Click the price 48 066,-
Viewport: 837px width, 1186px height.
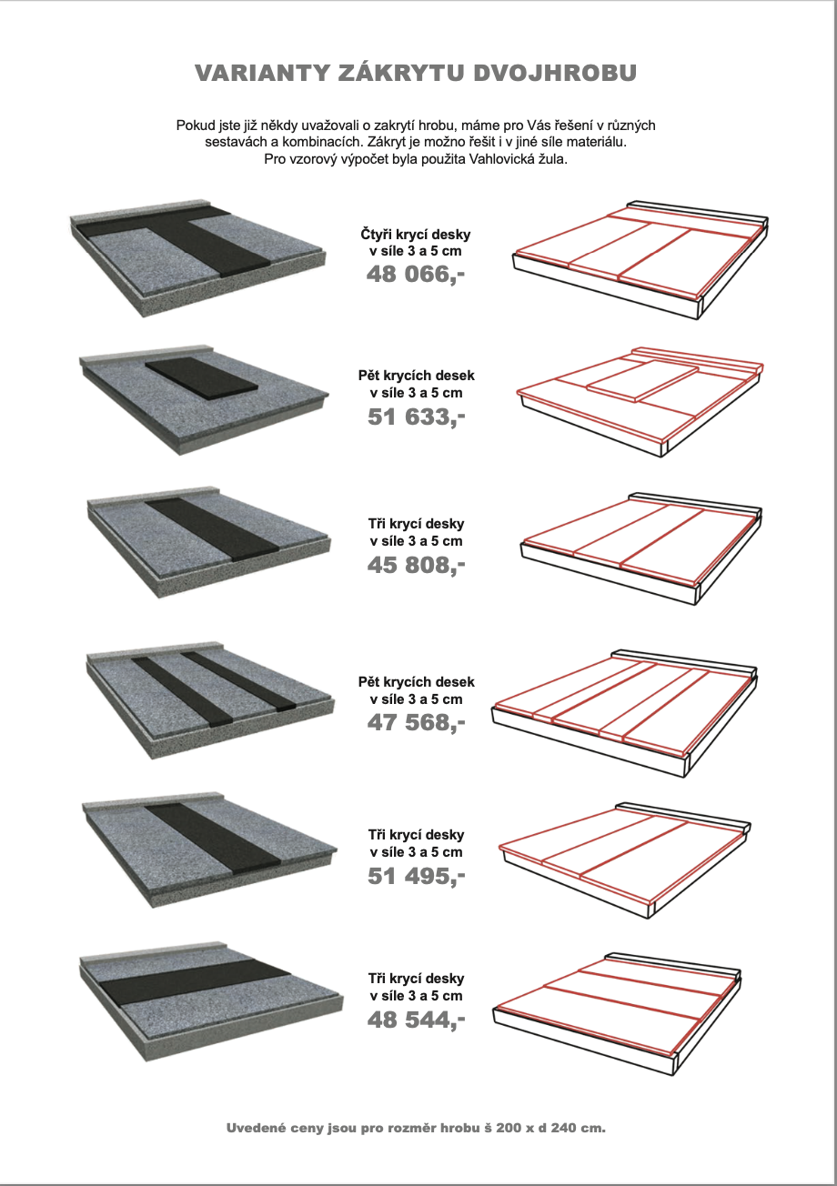click(416, 273)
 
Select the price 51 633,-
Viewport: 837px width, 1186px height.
click(416, 417)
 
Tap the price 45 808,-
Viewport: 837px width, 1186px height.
click(416, 566)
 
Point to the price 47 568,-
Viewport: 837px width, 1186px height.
click(416, 722)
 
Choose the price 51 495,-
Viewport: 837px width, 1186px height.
click(416, 876)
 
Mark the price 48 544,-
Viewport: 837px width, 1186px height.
click(416, 1020)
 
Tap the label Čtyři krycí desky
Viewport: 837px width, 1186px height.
click(416, 235)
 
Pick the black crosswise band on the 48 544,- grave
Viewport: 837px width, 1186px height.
click(193, 986)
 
